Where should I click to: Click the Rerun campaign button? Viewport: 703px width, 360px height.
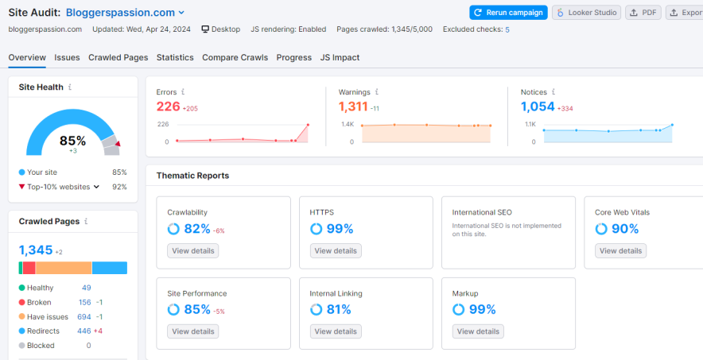pyautogui.click(x=507, y=13)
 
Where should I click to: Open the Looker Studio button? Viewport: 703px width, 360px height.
pyautogui.click(x=587, y=13)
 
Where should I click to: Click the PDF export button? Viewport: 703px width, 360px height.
pyautogui.click(x=644, y=13)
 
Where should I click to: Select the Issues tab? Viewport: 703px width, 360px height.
pyautogui.click(x=67, y=57)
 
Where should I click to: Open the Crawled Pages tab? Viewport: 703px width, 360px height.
pyautogui.click(x=118, y=57)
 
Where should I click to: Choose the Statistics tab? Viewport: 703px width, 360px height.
pyautogui.click(x=175, y=57)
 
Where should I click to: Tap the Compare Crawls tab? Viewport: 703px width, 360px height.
pyautogui.click(x=235, y=57)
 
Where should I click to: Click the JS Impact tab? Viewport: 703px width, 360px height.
pyautogui.click(x=340, y=57)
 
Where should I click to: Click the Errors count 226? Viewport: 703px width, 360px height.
pyautogui.click(x=168, y=106)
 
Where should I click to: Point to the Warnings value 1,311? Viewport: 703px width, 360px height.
pyautogui.click(x=353, y=106)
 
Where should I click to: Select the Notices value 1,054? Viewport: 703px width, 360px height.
pyautogui.click(x=538, y=106)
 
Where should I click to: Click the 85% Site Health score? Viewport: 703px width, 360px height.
pyautogui.click(x=72, y=141)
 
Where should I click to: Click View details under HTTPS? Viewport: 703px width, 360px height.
pyautogui.click(x=335, y=250)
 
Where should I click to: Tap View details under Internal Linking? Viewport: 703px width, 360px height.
pyautogui.click(x=335, y=331)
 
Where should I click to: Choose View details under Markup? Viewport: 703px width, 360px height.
pyautogui.click(x=478, y=331)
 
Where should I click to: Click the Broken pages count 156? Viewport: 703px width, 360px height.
pyautogui.click(x=84, y=302)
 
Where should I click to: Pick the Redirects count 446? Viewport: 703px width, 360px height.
pyautogui.click(x=84, y=331)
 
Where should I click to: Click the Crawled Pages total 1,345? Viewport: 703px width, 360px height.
pyautogui.click(x=35, y=250)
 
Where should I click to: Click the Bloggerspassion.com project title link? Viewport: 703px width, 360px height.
pyautogui.click(x=120, y=13)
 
